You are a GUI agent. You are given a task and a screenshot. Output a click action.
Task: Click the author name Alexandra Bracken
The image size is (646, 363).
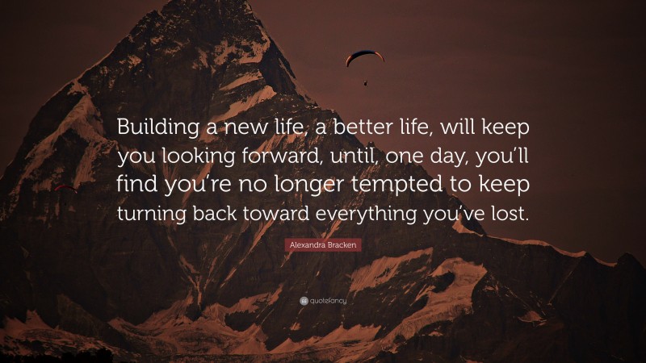click(x=322, y=244)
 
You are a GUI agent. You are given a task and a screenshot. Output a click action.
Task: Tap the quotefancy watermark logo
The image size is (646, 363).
click(x=322, y=301)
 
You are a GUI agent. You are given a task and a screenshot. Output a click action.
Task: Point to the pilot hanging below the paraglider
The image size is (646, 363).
click(x=365, y=81)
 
